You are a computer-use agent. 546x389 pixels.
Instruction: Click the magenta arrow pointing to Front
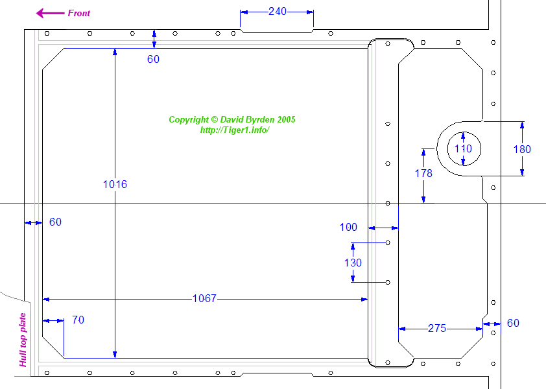point(50,13)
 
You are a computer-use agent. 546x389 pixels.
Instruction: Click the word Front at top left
point(79,13)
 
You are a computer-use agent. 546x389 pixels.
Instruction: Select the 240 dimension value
point(278,12)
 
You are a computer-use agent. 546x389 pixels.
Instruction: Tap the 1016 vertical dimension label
point(115,184)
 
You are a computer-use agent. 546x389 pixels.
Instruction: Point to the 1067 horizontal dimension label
point(204,298)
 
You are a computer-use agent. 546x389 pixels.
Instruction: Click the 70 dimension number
point(78,320)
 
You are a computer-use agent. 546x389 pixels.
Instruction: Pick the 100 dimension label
point(348,227)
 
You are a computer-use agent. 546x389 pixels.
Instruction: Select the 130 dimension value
point(353,263)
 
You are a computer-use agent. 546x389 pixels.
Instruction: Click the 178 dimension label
point(423,173)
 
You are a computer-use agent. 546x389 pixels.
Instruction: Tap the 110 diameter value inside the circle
point(463,148)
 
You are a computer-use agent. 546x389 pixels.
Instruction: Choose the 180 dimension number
point(522,149)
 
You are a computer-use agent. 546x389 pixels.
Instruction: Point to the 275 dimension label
point(437,329)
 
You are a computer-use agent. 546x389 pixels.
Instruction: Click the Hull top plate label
point(23,340)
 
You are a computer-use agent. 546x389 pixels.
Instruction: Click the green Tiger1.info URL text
point(235,130)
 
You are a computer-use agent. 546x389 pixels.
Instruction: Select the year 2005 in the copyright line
point(286,119)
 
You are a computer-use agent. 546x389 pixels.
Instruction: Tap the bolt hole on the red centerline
point(388,204)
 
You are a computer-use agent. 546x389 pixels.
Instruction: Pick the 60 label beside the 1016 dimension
point(153,59)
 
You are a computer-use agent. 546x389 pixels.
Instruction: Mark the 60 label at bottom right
point(513,323)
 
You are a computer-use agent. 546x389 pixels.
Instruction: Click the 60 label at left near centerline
point(55,222)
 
